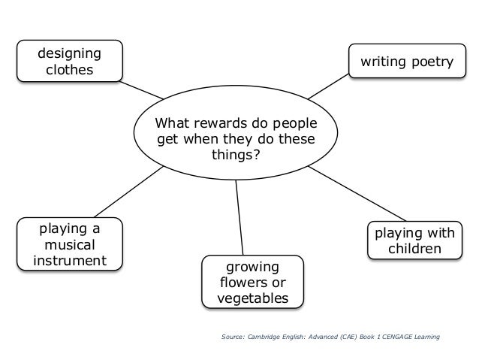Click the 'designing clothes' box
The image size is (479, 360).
coord(64,62)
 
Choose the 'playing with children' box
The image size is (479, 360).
coord(414,239)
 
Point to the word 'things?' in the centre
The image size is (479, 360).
coord(235,156)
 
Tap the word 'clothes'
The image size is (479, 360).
coord(64,70)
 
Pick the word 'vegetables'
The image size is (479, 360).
coord(252,298)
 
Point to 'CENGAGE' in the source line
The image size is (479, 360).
coord(394,337)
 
